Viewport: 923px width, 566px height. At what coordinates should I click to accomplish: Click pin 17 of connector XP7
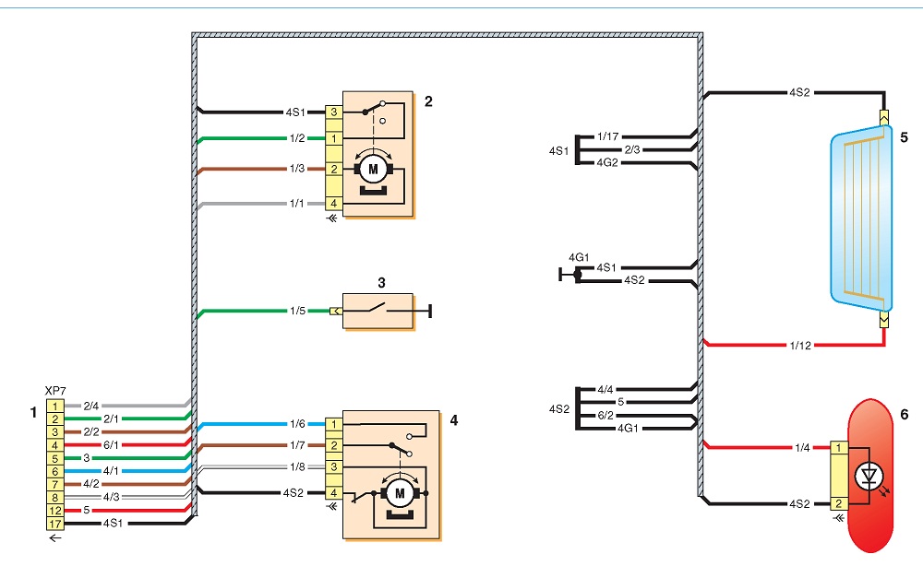click(x=54, y=524)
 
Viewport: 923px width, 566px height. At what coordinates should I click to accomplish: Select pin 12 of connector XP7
click(x=54, y=511)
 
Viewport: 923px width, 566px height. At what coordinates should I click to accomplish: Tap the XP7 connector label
click(x=55, y=390)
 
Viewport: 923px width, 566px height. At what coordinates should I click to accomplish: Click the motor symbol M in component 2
click(x=373, y=170)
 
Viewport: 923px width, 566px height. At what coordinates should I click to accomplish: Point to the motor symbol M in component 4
click(x=400, y=493)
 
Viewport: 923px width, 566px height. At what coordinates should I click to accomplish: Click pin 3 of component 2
click(x=334, y=112)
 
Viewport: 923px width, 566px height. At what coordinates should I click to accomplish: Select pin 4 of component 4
click(x=334, y=493)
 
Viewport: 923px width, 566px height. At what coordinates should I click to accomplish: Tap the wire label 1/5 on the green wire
click(x=298, y=311)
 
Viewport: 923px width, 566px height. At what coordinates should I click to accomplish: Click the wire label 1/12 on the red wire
click(x=800, y=346)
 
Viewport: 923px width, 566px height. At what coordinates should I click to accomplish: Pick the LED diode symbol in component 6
click(x=869, y=476)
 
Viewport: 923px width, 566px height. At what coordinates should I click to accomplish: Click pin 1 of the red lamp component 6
click(x=839, y=448)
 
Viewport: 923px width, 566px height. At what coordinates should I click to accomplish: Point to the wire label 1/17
click(x=608, y=136)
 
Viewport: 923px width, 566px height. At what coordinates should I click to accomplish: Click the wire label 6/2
click(x=605, y=415)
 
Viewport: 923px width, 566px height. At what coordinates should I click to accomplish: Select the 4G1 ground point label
click(x=579, y=257)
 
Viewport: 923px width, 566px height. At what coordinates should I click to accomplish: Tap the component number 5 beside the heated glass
click(x=905, y=137)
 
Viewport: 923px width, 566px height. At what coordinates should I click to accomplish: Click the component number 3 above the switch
click(x=381, y=283)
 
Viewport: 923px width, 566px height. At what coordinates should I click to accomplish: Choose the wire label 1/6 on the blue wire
click(x=298, y=424)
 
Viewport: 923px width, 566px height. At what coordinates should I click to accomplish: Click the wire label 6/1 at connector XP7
click(x=111, y=445)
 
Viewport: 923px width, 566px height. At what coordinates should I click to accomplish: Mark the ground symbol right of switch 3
click(x=430, y=311)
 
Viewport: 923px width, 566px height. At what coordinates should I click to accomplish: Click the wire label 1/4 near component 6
click(x=802, y=448)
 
